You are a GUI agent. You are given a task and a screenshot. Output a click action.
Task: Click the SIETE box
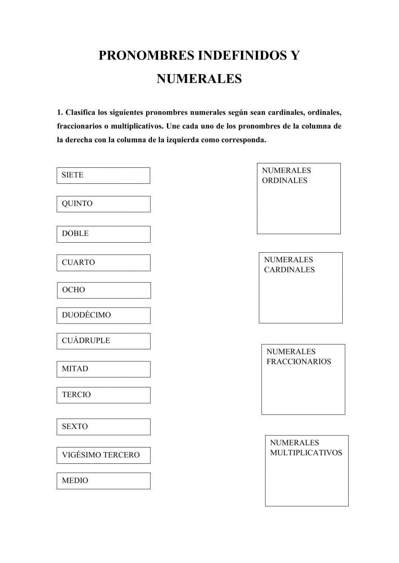tap(103, 175)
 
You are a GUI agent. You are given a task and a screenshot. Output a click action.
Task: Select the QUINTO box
tap(103, 204)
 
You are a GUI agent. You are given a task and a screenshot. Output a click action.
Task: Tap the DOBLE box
tap(103, 234)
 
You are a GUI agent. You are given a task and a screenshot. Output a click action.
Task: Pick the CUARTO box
tap(103, 263)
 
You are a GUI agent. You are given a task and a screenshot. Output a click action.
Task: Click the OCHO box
tap(104, 290)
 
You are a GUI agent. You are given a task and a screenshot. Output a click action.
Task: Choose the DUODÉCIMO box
tap(103, 316)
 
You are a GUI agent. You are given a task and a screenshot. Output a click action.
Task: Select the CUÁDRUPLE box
tap(103, 341)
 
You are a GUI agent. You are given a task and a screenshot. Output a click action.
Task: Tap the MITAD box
tap(103, 369)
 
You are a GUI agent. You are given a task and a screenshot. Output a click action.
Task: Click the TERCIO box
tap(103, 395)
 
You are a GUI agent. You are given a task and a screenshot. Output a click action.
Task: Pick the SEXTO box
tap(103, 427)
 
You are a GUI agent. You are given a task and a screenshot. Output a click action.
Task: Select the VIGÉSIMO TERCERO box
tap(103, 455)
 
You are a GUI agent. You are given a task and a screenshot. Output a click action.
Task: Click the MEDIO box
tap(103, 481)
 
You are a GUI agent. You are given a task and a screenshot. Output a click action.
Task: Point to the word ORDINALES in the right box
tap(284, 180)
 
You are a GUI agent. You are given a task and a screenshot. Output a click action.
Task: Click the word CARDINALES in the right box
tap(289, 270)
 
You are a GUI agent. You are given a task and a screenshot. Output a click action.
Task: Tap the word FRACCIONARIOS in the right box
tap(298, 362)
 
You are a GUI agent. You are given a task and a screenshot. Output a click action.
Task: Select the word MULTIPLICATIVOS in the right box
tap(306, 453)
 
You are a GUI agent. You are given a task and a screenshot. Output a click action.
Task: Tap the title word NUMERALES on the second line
tap(199, 78)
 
